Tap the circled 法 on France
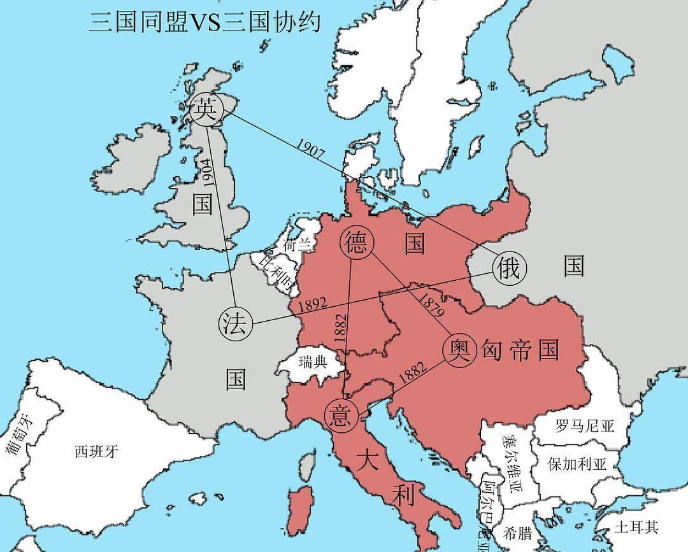pyautogui.click(x=236, y=323)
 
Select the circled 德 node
pyautogui.click(x=357, y=243)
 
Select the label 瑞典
pyautogui.click(x=312, y=363)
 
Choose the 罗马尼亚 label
pyautogui.click(x=584, y=425)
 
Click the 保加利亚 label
pyautogui.click(x=577, y=463)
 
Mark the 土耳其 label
pyautogui.click(x=636, y=527)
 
